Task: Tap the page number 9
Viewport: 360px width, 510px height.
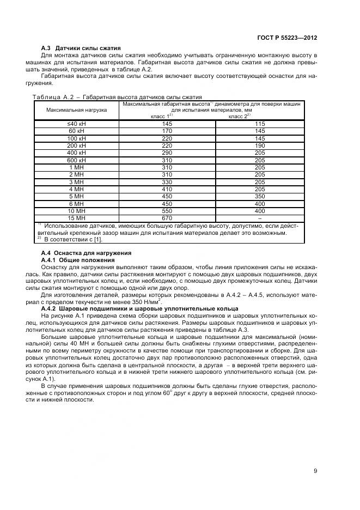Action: (315, 471)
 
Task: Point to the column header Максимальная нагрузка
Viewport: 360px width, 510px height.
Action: (77, 110)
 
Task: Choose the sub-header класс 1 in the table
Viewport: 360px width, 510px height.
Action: (161, 116)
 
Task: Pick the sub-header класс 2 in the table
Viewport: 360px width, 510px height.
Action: (239, 116)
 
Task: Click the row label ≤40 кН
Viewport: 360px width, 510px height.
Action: (77, 124)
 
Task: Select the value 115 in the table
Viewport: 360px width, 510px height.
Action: (260, 124)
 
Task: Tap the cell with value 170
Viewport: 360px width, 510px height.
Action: (167, 131)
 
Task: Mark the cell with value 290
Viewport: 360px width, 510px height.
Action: (167, 153)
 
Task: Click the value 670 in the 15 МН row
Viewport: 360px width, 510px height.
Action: (167, 217)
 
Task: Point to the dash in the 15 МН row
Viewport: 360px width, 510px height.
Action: (260, 217)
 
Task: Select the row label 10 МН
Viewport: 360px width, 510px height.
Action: (77, 210)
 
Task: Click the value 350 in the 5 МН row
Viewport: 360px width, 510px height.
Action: (260, 196)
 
